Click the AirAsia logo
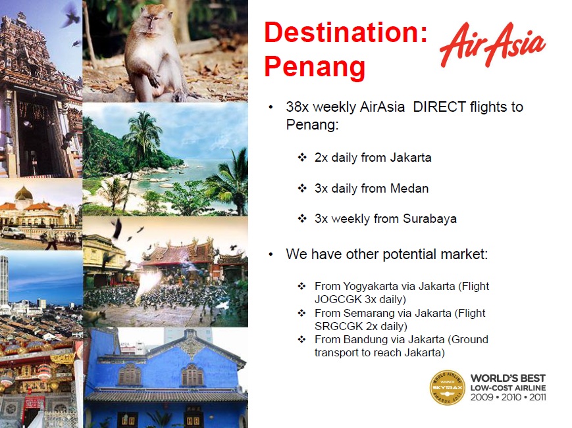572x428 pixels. [x=492, y=45]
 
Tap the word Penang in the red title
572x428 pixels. [x=315, y=67]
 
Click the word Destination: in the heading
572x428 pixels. [x=346, y=32]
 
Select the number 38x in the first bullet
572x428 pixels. [x=298, y=107]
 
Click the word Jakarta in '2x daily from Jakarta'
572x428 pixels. [x=410, y=158]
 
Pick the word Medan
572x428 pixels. [x=409, y=188]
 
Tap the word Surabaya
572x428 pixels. [x=430, y=218]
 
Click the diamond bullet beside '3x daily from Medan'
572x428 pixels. [x=302, y=188]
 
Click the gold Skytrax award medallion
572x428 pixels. [x=447, y=388]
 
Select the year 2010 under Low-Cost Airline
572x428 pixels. [x=511, y=397]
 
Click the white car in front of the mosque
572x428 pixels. [x=13, y=232]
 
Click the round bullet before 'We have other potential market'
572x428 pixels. [x=271, y=254]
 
